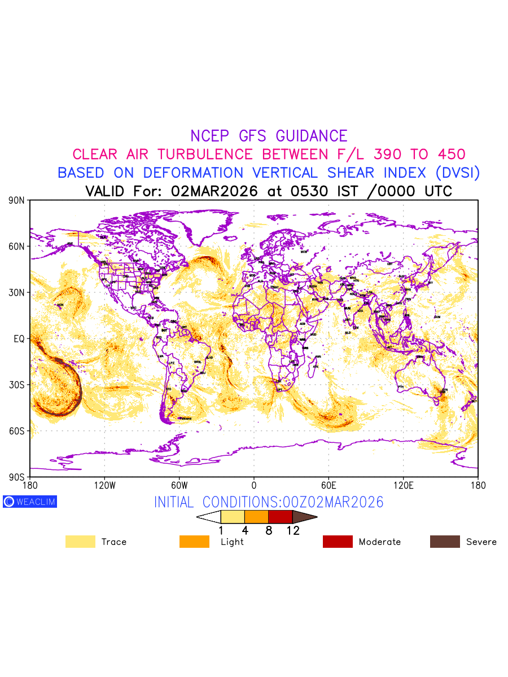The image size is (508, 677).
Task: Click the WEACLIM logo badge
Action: click(30, 502)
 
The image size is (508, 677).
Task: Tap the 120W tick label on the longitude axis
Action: click(104, 485)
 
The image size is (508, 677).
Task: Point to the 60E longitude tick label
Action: click(329, 485)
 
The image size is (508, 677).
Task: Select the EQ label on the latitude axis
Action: click(20, 339)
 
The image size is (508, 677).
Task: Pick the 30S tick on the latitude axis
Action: click(17, 385)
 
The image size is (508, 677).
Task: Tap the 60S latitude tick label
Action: click(17, 431)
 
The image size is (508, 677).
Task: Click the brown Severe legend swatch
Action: click(445, 542)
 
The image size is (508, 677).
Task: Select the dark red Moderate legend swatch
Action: click(338, 542)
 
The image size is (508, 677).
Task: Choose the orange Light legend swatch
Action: click(194, 542)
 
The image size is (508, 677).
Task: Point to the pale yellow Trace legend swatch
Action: click(80, 542)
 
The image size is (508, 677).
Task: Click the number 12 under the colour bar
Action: click(293, 530)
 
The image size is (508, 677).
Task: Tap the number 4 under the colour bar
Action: click(244, 530)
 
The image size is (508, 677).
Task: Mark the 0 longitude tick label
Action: click(254, 485)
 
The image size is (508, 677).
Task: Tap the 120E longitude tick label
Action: click(403, 485)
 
